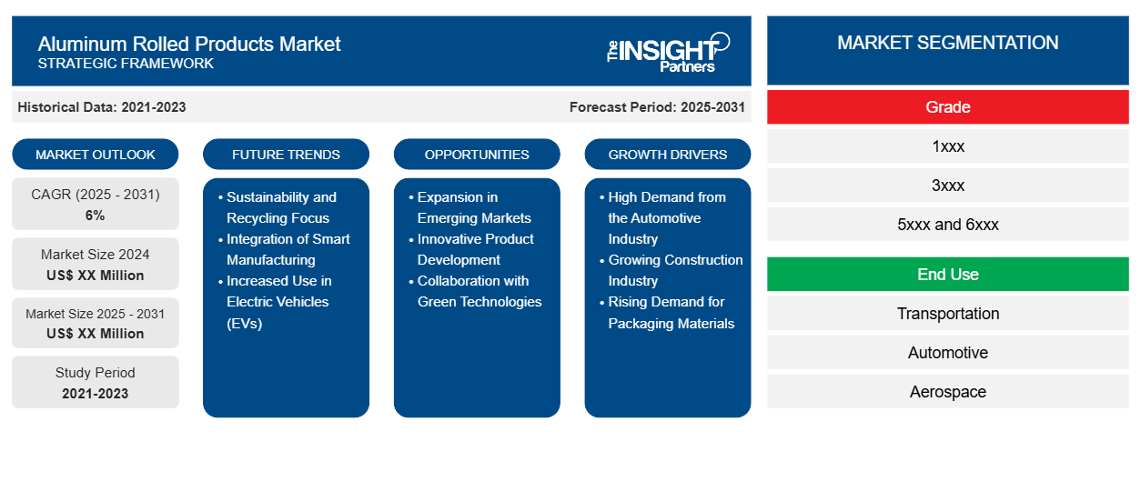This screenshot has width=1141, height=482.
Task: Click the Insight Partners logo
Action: [668, 51]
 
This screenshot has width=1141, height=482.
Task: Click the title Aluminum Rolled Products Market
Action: [189, 43]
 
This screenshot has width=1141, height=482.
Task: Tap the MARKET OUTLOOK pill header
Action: [96, 155]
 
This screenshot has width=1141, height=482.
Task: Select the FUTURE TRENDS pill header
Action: [286, 155]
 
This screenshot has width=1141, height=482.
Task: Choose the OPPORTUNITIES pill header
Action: [477, 155]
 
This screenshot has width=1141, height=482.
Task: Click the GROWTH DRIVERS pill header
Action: [668, 155]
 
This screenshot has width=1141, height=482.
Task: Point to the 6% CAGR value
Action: [96, 216]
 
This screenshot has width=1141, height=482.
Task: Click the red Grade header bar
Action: [947, 107]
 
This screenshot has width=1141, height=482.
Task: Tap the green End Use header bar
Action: [947, 275]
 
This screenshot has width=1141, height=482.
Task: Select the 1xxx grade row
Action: [947, 146]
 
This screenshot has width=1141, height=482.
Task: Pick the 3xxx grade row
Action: [947, 186]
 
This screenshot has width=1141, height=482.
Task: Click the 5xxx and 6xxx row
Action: [947, 225]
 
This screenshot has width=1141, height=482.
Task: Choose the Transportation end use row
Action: [947, 314]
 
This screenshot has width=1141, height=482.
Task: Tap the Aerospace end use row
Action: [947, 392]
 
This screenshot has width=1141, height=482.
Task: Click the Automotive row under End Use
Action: [947, 353]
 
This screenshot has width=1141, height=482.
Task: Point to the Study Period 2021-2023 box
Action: [96, 383]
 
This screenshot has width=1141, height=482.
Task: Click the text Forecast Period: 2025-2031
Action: [657, 107]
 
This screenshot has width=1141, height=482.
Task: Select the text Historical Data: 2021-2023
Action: [102, 107]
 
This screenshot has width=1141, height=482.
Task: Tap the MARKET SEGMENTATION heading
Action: [947, 43]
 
